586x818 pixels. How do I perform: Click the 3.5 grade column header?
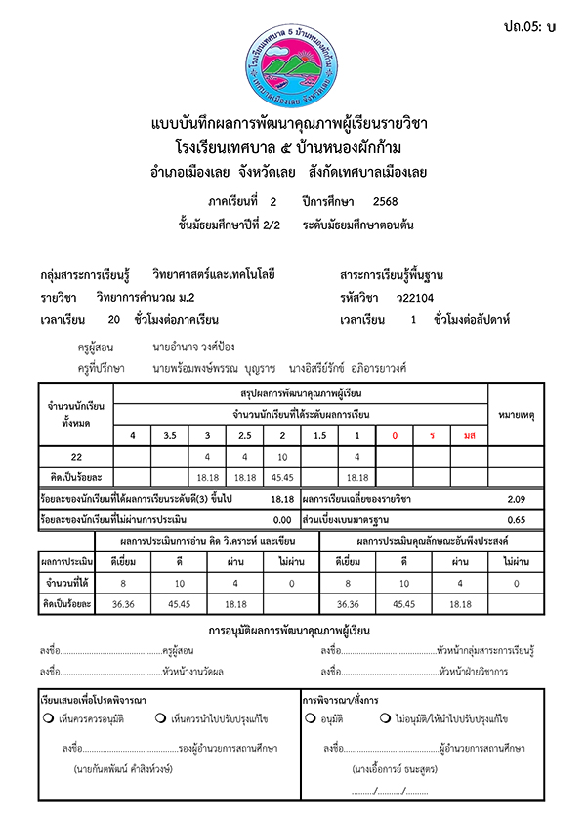pos(170,434)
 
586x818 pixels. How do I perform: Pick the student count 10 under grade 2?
pos(282,457)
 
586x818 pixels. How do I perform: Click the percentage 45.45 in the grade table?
pos(282,477)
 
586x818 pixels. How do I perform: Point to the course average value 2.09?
pos(517,500)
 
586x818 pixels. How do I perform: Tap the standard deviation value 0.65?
pos(517,520)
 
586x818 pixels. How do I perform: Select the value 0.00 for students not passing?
pos(282,520)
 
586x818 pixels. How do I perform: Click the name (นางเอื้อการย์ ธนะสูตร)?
pos(389,769)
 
